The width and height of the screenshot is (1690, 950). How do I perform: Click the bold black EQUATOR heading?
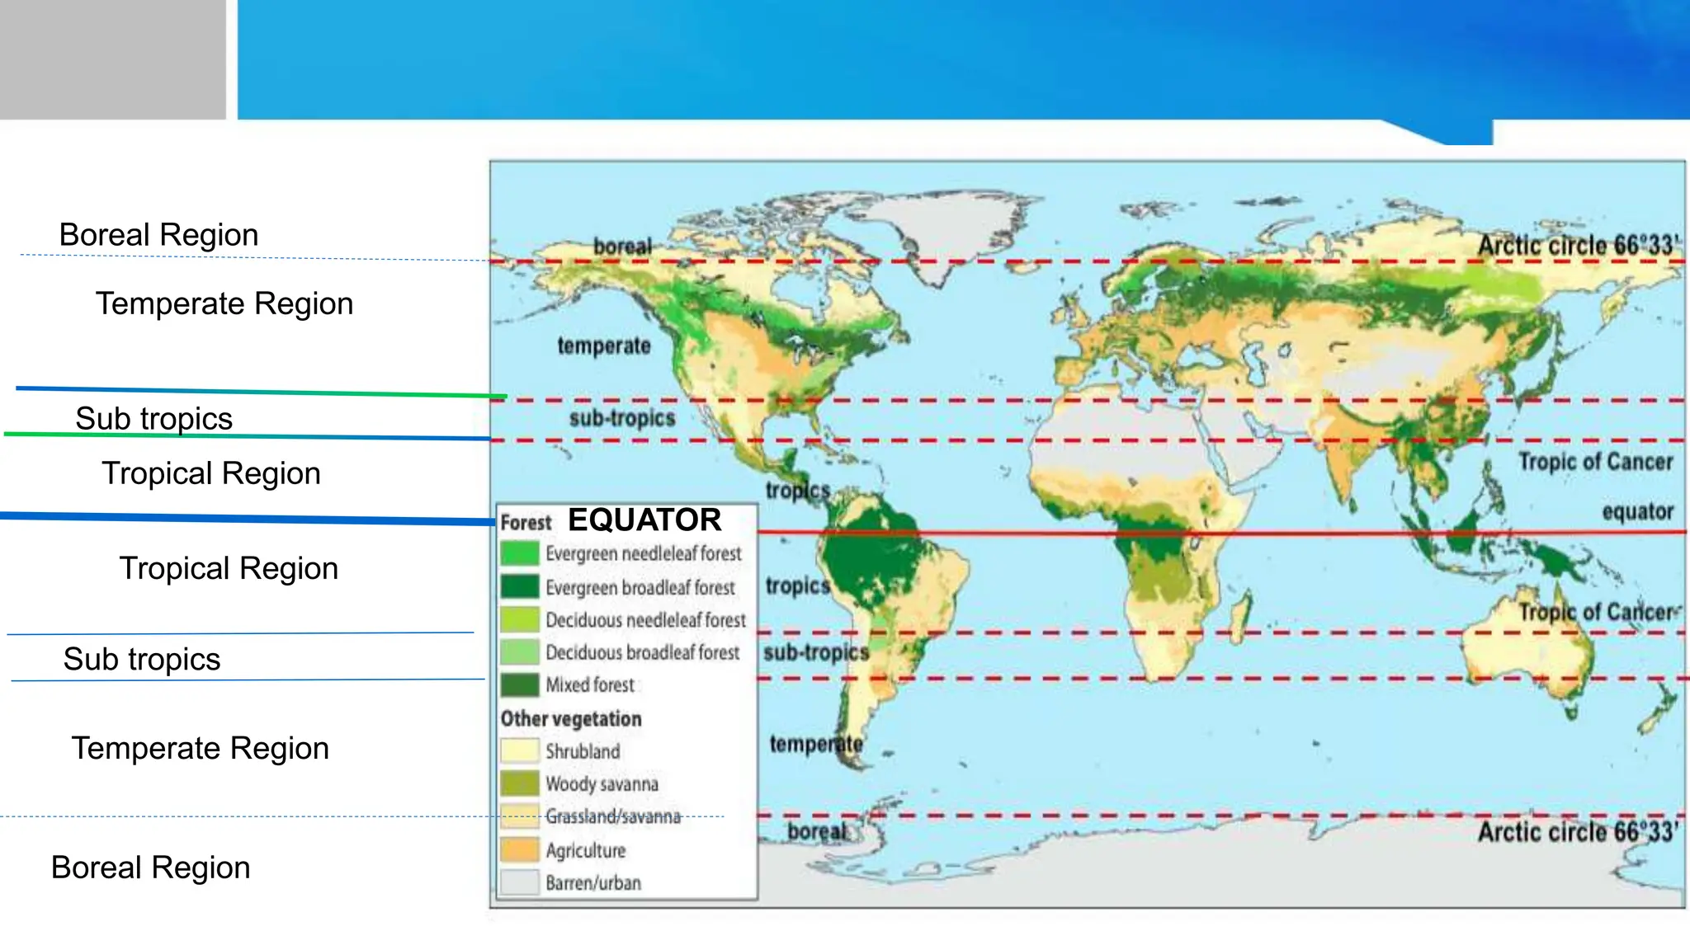tap(644, 520)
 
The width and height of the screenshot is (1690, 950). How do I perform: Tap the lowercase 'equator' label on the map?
tap(1637, 512)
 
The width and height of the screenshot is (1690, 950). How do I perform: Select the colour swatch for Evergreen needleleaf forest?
tap(519, 553)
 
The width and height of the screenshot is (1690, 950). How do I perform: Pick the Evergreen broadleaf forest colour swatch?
tap(519, 586)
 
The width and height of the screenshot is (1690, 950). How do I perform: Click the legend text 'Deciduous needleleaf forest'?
tap(645, 620)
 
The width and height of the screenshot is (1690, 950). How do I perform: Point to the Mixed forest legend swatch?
tap(519, 684)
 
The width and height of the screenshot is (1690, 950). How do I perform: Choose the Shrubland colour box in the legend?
tap(519, 750)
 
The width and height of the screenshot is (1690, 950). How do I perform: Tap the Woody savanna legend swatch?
tap(519, 783)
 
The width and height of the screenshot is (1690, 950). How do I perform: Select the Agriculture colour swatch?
tap(519, 849)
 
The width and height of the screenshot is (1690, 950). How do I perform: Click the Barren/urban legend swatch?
tap(519, 882)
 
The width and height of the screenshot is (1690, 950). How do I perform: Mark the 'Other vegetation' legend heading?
tap(571, 719)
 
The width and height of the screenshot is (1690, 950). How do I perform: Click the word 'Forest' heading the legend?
tap(526, 523)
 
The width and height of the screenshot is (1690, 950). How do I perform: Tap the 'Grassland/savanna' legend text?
tap(613, 817)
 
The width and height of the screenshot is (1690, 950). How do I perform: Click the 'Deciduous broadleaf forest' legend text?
tap(643, 652)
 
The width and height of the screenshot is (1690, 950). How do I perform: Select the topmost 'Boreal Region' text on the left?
tap(158, 235)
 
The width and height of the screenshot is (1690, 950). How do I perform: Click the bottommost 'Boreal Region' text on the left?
tap(150, 868)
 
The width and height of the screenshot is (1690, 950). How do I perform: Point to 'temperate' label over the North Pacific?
tap(604, 346)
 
